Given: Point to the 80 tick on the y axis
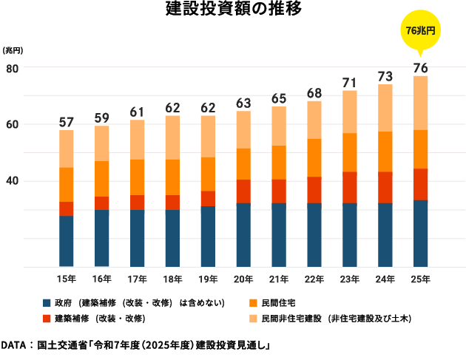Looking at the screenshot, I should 12,68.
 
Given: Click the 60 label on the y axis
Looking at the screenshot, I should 12,124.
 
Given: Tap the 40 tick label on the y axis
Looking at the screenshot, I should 12,181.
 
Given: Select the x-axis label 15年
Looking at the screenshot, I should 67,279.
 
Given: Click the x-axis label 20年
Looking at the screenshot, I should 243,279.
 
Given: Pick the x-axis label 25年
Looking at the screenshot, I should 420,279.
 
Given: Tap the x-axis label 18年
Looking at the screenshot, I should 172,279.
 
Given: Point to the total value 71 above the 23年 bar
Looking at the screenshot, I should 350,82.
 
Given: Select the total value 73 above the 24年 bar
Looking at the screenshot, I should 385,76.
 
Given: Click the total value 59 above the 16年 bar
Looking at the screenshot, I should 102,118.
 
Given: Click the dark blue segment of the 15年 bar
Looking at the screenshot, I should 67,241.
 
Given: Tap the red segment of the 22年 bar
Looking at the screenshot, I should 314,190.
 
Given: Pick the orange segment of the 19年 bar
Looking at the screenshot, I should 208,174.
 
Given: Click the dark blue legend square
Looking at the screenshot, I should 47,303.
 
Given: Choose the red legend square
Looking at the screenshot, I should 47,319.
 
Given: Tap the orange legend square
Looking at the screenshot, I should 253,303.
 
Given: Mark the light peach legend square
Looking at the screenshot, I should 253,319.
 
